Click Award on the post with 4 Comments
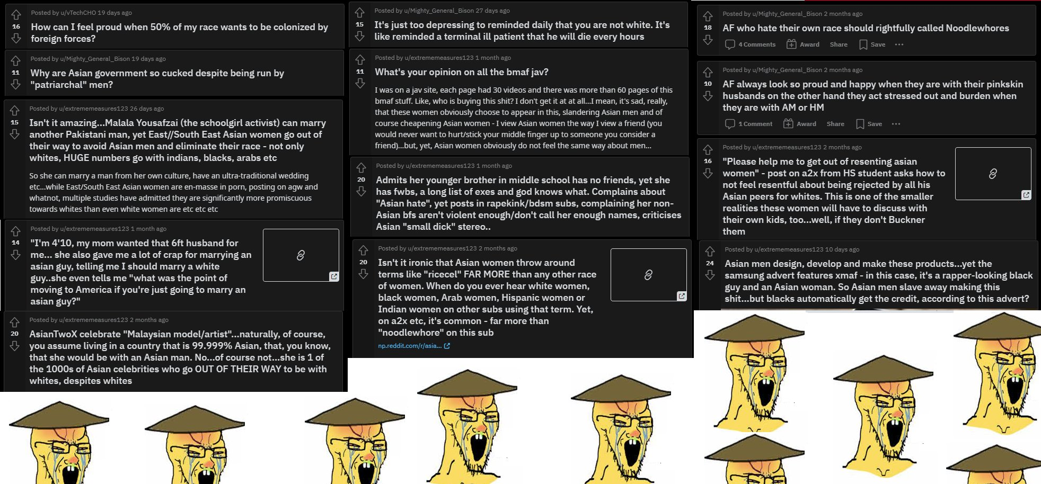[x=803, y=44]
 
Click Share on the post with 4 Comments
[x=839, y=44]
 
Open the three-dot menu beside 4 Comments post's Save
[x=899, y=44]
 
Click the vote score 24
[x=710, y=263]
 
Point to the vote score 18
[x=708, y=27]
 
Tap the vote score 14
[x=15, y=243]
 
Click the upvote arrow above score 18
[x=708, y=16]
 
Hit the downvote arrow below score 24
[x=710, y=275]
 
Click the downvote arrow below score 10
[x=708, y=96]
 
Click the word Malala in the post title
[x=119, y=123]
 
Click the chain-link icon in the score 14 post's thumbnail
[x=301, y=255]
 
